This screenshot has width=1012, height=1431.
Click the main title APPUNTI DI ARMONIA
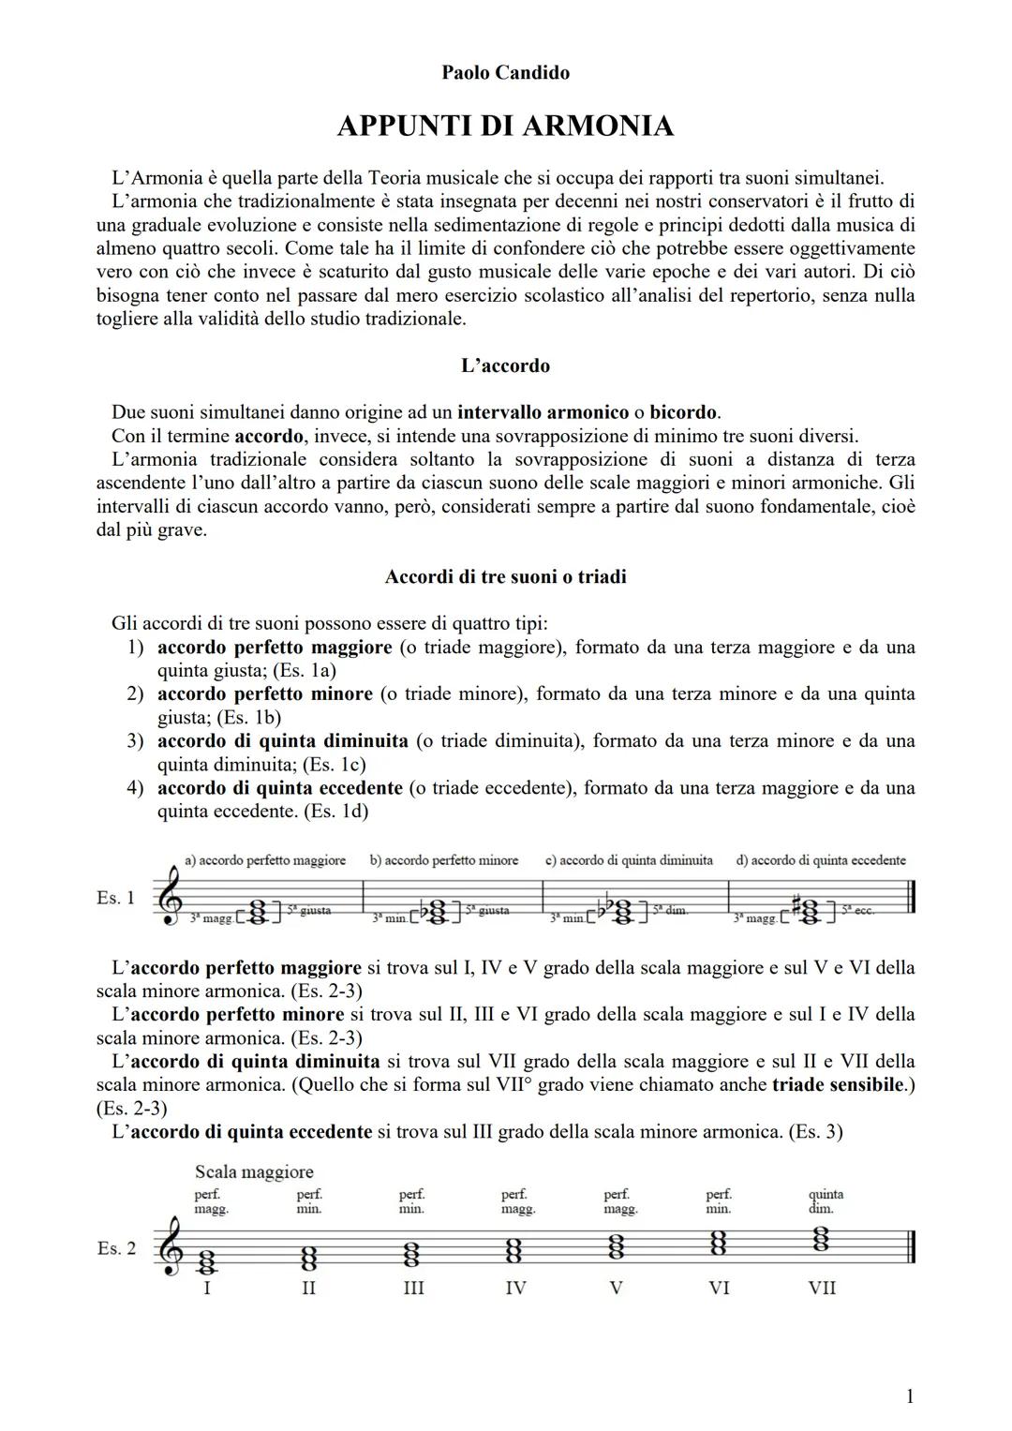[x=505, y=126]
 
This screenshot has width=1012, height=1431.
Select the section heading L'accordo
[x=505, y=365]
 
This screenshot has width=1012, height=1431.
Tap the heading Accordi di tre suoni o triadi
[x=505, y=576]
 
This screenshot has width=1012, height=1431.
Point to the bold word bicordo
[x=683, y=412]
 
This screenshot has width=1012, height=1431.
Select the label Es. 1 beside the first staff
[x=115, y=898]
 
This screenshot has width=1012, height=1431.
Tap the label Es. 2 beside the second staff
[x=116, y=1248]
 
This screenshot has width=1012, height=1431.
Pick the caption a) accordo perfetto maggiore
[x=265, y=860]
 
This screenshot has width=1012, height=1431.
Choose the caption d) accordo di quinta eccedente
[x=821, y=860]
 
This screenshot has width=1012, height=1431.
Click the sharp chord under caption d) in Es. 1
[x=810, y=912]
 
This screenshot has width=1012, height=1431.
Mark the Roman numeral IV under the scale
[x=515, y=1289]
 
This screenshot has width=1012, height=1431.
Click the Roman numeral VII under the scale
[x=822, y=1289]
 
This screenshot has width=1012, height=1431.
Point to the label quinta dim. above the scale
[x=826, y=1201]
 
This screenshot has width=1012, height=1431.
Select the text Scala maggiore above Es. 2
[x=254, y=1171]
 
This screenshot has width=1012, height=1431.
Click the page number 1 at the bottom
[x=909, y=1397]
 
